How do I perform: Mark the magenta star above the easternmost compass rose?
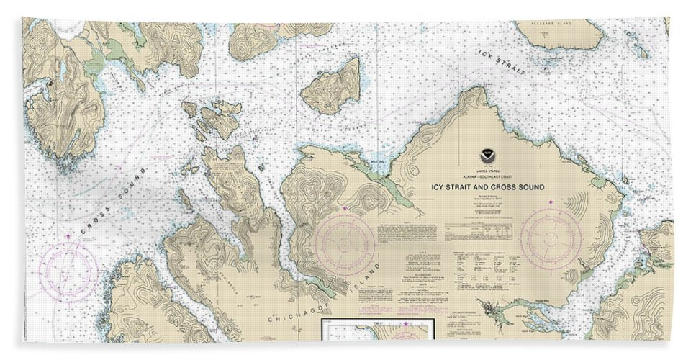click(552, 204)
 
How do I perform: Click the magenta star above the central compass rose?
click(345, 209)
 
